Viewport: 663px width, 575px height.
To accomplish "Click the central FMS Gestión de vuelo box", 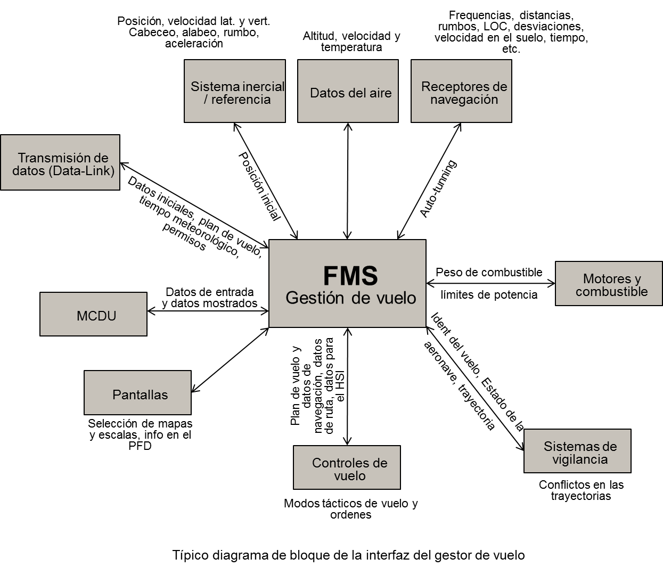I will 347,283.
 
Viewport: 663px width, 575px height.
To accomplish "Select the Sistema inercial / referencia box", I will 235,91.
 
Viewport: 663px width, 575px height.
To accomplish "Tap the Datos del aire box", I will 348,91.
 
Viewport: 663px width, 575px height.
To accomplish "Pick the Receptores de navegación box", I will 461,91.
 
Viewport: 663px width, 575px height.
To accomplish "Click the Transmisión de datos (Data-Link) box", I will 60,162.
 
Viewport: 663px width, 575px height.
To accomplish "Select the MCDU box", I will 94,314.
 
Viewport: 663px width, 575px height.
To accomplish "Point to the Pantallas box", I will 137,393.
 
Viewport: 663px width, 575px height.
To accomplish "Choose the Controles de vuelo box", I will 347,467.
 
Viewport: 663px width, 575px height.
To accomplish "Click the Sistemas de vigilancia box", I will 577,451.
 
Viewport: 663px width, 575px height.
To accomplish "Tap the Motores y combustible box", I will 609,283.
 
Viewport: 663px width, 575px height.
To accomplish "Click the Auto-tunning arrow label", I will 438,189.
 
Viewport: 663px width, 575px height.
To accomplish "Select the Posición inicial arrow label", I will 259,186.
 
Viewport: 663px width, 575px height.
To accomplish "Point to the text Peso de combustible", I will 489,273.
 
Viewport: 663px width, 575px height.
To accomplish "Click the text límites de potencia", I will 489,294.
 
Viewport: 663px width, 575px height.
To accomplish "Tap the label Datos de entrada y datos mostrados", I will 209,298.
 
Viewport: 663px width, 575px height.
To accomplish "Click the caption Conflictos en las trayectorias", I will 581,490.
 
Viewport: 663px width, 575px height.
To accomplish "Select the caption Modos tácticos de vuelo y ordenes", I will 350,509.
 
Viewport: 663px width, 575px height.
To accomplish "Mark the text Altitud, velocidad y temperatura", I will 351,42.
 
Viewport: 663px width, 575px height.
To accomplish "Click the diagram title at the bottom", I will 348,555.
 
